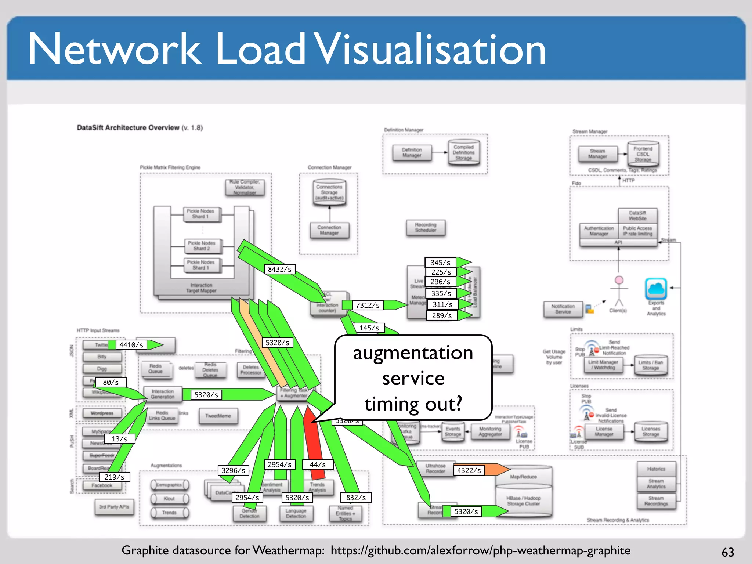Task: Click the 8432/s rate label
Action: point(279,269)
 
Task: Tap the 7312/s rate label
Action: point(368,305)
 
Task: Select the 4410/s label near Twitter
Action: point(131,345)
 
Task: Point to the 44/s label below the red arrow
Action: point(318,464)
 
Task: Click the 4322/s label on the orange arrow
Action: point(469,470)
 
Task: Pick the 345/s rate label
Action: point(440,263)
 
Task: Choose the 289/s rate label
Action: point(442,315)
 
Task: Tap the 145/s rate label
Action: point(369,328)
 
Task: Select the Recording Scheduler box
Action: point(426,228)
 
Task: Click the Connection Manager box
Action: point(329,230)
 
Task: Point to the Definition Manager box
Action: point(412,153)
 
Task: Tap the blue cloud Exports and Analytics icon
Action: point(656,289)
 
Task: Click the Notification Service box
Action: point(563,309)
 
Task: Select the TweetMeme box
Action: point(218,416)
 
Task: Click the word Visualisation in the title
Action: point(430,49)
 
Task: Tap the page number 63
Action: point(728,552)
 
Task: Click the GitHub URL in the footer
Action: point(480,550)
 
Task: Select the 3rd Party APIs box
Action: point(114,507)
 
